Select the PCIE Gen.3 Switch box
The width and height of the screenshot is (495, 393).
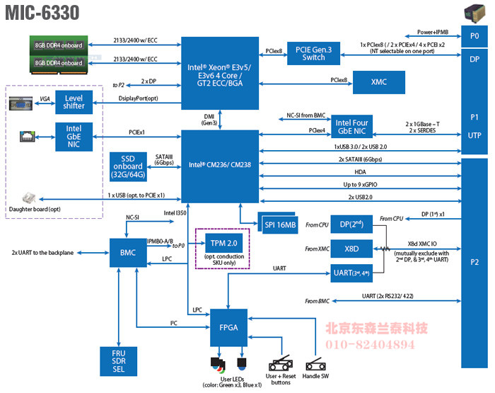pos(313,52)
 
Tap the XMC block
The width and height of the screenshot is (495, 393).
pos(378,82)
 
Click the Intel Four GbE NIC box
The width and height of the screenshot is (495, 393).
pos(351,127)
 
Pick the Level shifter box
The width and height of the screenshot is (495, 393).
pos(74,101)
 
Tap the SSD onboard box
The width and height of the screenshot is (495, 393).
pos(128,166)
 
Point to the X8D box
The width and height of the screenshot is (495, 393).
pos(351,249)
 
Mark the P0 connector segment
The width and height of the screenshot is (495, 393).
pos(474,37)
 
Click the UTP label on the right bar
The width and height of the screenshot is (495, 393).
pos(474,135)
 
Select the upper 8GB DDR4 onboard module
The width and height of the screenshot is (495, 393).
pos(59,45)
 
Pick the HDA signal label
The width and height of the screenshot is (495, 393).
pos(360,171)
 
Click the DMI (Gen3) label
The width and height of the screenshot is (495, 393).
pos(210,118)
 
